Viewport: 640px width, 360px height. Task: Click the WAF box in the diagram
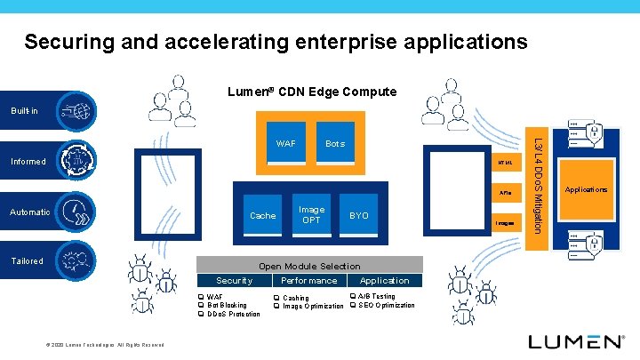(x=286, y=143)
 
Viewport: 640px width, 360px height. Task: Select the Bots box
(x=335, y=143)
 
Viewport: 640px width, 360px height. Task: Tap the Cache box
(x=263, y=215)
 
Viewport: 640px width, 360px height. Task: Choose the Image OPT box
(x=311, y=215)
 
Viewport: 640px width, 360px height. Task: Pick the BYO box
(x=359, y=215)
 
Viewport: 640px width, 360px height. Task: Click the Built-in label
(x=24, y=111)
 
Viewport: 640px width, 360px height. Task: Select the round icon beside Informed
(x=77, y=161)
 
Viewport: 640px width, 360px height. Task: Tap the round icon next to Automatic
(x=77, y=213)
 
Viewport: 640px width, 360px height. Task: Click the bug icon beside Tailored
(x=77, y=260)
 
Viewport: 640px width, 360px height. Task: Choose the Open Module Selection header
(x=309, y=266)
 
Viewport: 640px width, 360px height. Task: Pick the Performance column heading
(x=309, y=280)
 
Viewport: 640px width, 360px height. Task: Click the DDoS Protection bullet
(x=234, y=314)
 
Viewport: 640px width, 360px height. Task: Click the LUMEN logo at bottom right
(x=576, y=341)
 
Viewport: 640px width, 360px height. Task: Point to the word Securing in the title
(x=67, y=41)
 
